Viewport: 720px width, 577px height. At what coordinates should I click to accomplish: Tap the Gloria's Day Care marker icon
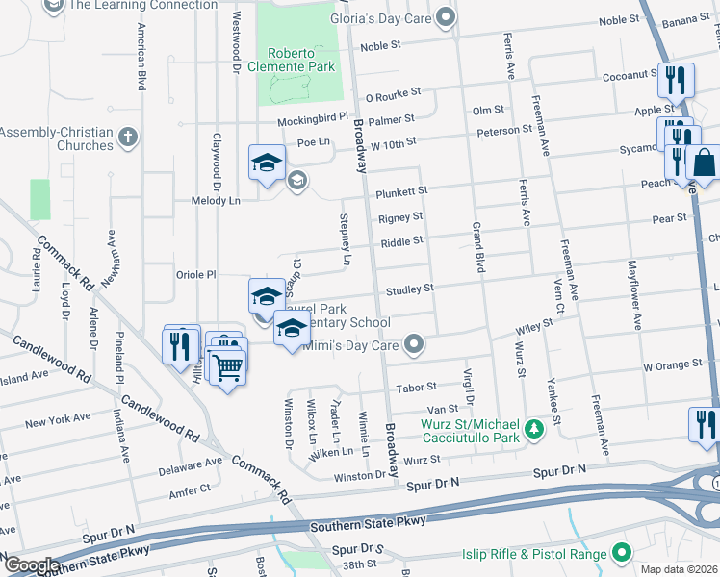445,16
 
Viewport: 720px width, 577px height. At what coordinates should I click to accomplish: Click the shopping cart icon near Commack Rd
228,366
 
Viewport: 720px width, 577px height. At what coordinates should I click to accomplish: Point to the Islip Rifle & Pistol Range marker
621,553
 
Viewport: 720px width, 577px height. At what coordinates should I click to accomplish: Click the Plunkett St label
401,191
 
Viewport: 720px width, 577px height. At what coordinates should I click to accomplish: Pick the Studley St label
410,288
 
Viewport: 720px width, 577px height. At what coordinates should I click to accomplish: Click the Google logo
31,565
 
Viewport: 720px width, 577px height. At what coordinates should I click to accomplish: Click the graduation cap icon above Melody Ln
267,162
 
